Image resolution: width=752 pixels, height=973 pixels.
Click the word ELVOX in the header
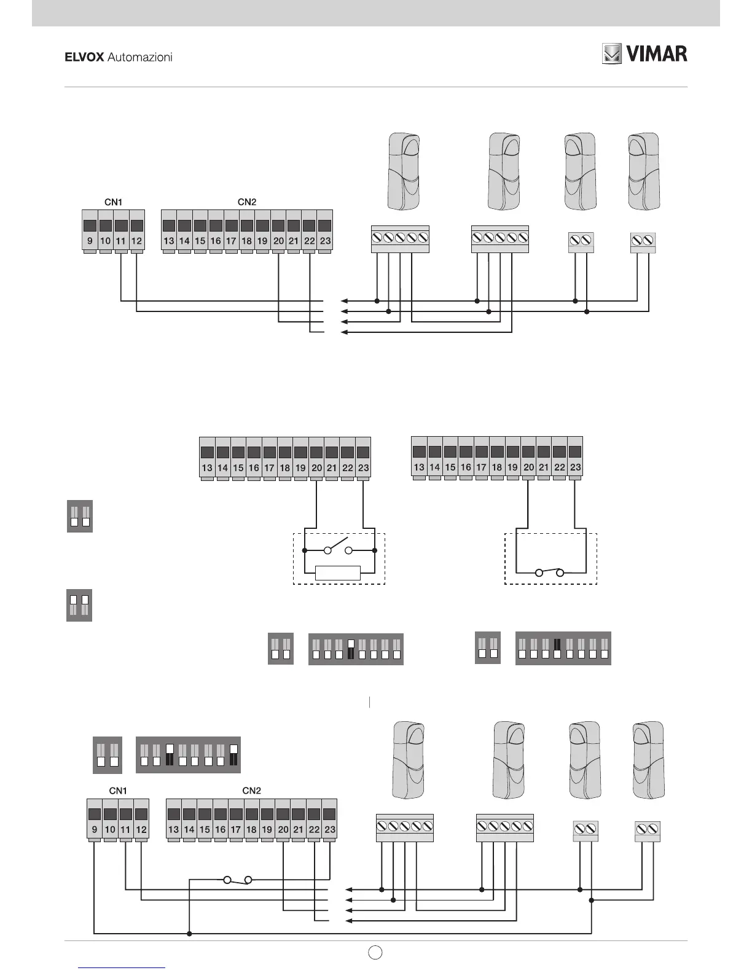[x=85, y=57]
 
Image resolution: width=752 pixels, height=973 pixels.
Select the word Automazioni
[x=139, y=57]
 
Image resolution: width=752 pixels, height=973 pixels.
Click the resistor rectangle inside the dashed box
[x=337, y=573]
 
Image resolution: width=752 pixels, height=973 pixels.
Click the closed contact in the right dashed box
[x=550, y=572]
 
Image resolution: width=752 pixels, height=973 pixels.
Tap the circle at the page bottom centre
[x=376, y=953]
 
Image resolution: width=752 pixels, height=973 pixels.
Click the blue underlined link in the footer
[x=122, y=968]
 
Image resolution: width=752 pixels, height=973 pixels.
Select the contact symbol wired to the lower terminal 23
[x=238, y=880]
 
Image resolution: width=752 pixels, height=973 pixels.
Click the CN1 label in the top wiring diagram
[x=112, y=202]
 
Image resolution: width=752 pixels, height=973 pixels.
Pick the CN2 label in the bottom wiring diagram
[x=252, y=791]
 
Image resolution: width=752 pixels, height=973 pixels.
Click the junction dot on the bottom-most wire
[x=189, y=934]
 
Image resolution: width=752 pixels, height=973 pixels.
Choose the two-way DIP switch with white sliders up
[x=79, y=605]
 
